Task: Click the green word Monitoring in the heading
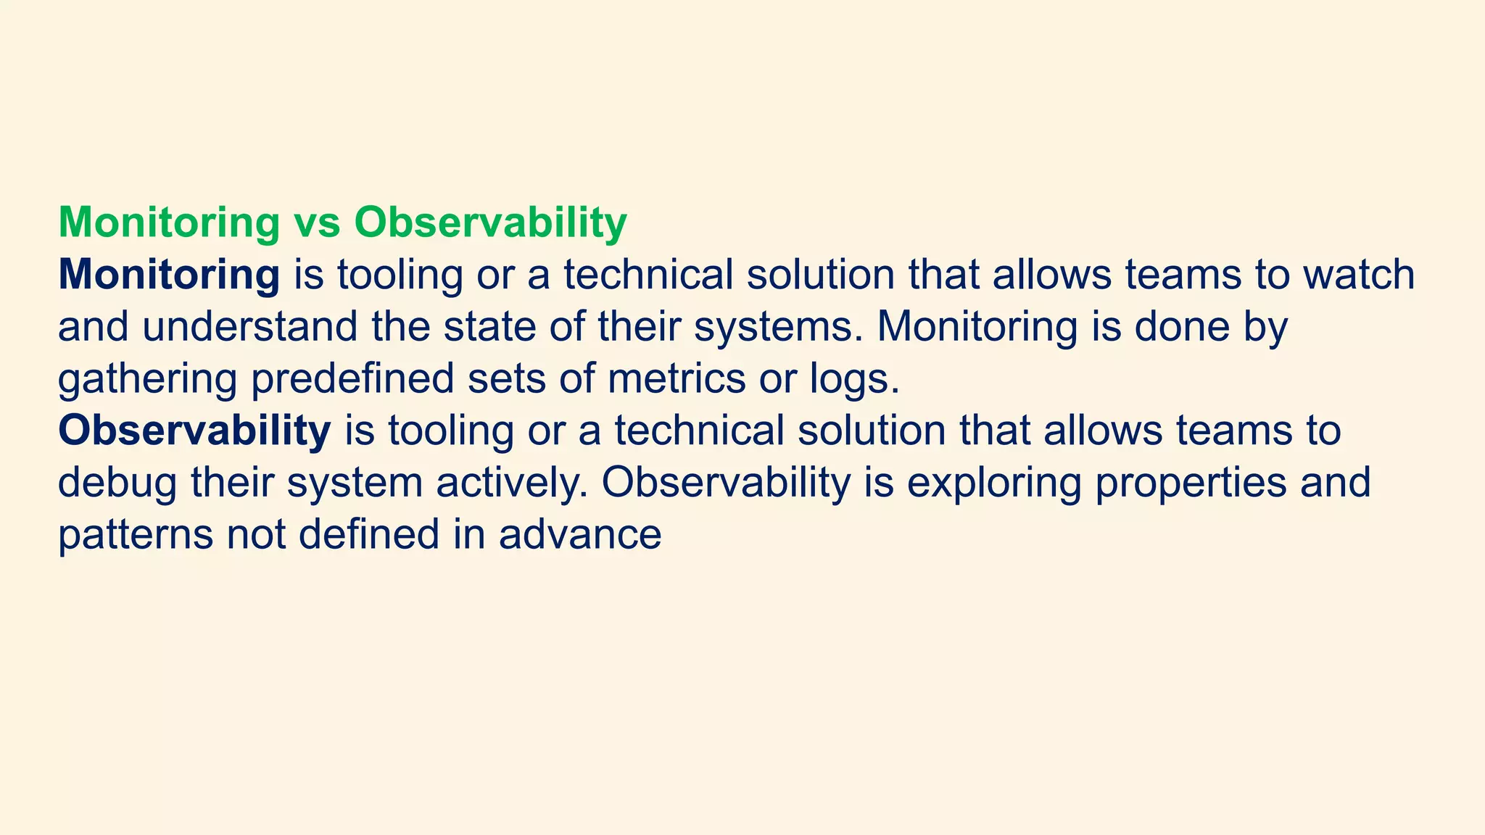click(x=168, y=223)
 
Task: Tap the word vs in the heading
click(x=317, y=223)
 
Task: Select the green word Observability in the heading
click(x=490, y=223)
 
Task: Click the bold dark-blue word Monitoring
click(x=168, y=275)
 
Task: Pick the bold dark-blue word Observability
click(x=194, y=431)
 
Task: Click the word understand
click(x=249, y=327)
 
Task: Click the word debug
click(x=117, y=483)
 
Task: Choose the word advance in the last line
click(x=579, y=535)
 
